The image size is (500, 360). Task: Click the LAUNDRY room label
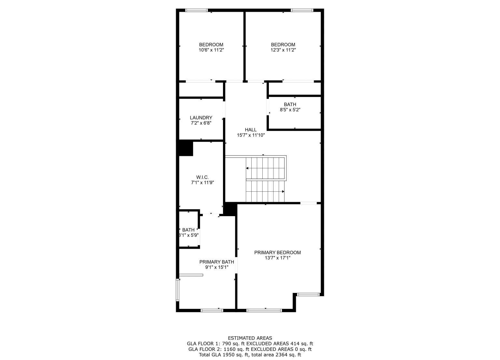coord(201,118)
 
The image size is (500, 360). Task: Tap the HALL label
coord(251,130)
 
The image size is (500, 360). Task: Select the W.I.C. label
coord(202,177)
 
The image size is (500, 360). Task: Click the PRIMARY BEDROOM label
coord(277,253)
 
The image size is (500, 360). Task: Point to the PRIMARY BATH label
coord(216,262)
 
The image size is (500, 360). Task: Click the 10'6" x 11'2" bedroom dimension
coord(211,50)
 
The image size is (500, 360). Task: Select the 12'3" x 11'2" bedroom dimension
coord(283,50)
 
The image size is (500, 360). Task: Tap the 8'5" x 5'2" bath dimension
coord(290,110)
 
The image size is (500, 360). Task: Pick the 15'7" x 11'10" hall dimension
coord(251,135)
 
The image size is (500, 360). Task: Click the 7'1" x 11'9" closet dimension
coord(202,183)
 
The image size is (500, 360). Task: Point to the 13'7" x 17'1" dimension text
coord(277,258)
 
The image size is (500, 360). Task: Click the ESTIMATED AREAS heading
coord(250,338)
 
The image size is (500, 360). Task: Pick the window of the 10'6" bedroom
coord(196,10)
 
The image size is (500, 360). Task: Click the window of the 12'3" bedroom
coord(302,10)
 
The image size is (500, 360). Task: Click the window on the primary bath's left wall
coord(177,289)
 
